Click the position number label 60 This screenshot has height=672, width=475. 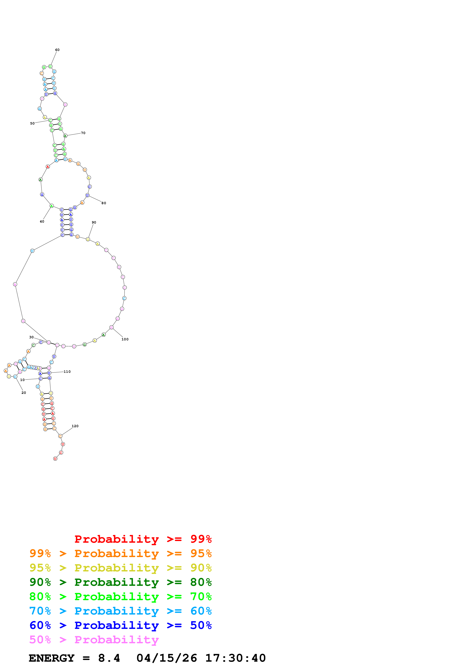pos(57,50)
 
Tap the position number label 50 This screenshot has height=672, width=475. pos(32,124)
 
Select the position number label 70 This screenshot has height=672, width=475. pos(83,133)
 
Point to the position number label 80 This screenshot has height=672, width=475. pos(104,203)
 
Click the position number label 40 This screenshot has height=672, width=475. pos(42,222)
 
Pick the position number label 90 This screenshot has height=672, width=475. pos(94,222)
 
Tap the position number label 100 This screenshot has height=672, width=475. pos(125,339)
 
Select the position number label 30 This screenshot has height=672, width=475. pos(31,337)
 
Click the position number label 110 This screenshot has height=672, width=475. pos(67,372)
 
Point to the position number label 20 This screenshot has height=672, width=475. pos(24,393)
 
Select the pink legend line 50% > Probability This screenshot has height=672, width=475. pos(94,640)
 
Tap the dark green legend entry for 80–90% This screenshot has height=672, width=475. pos(120,582)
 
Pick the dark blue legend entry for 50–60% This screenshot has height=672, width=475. pos(120,625)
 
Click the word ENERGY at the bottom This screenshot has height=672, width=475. pos(52,658)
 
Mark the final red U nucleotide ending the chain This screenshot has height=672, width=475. pos(55,459)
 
